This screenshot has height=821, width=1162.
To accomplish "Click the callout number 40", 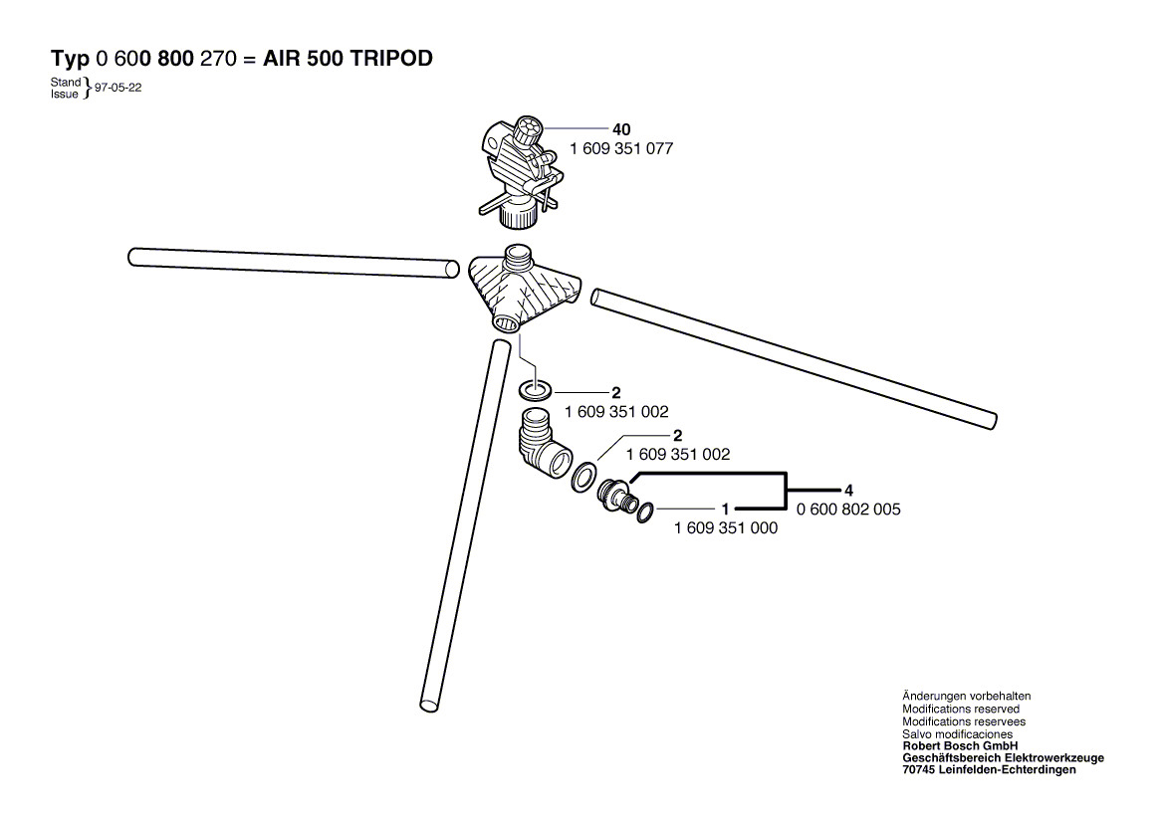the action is pyautogui.click(x=621, y=129).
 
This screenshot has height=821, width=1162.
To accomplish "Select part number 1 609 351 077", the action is pyautogui.click(x=621, y=149).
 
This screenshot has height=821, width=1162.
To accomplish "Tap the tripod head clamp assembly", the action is pyautogui.click(x=520, y=171).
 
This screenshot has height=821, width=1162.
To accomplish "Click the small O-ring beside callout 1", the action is pyautogui.click(x=645, y=512).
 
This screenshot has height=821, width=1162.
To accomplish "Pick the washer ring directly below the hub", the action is pyautogui.click(x=535, y=389).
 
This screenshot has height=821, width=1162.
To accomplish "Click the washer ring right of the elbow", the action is pyautogui.click(x=583, y=477).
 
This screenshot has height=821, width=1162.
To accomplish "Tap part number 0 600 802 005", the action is pyautogui.click(x=848, y=510).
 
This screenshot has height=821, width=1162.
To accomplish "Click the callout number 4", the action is pyautogui.click(x=848, y=491).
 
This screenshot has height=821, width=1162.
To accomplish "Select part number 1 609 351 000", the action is pyautogui.click(x=726, y=528).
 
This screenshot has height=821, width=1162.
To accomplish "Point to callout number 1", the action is pyautogui.click(x=726, y=510).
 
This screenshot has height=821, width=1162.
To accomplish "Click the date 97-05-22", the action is pyautogui.click(x=117, y=88).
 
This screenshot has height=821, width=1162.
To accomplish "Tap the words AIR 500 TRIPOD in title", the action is pyautogui.click(x=349, y=59).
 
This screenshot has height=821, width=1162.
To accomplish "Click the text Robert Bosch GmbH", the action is pyautogui.click(x=961, y=746).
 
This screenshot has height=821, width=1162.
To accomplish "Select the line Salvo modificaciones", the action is pyautogui.click(x=958, y=733).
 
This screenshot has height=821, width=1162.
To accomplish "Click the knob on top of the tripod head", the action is pyautogui.click(x=528, y=132).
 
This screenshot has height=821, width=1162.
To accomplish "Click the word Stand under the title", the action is pyautogui.click(x=65, y=82).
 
